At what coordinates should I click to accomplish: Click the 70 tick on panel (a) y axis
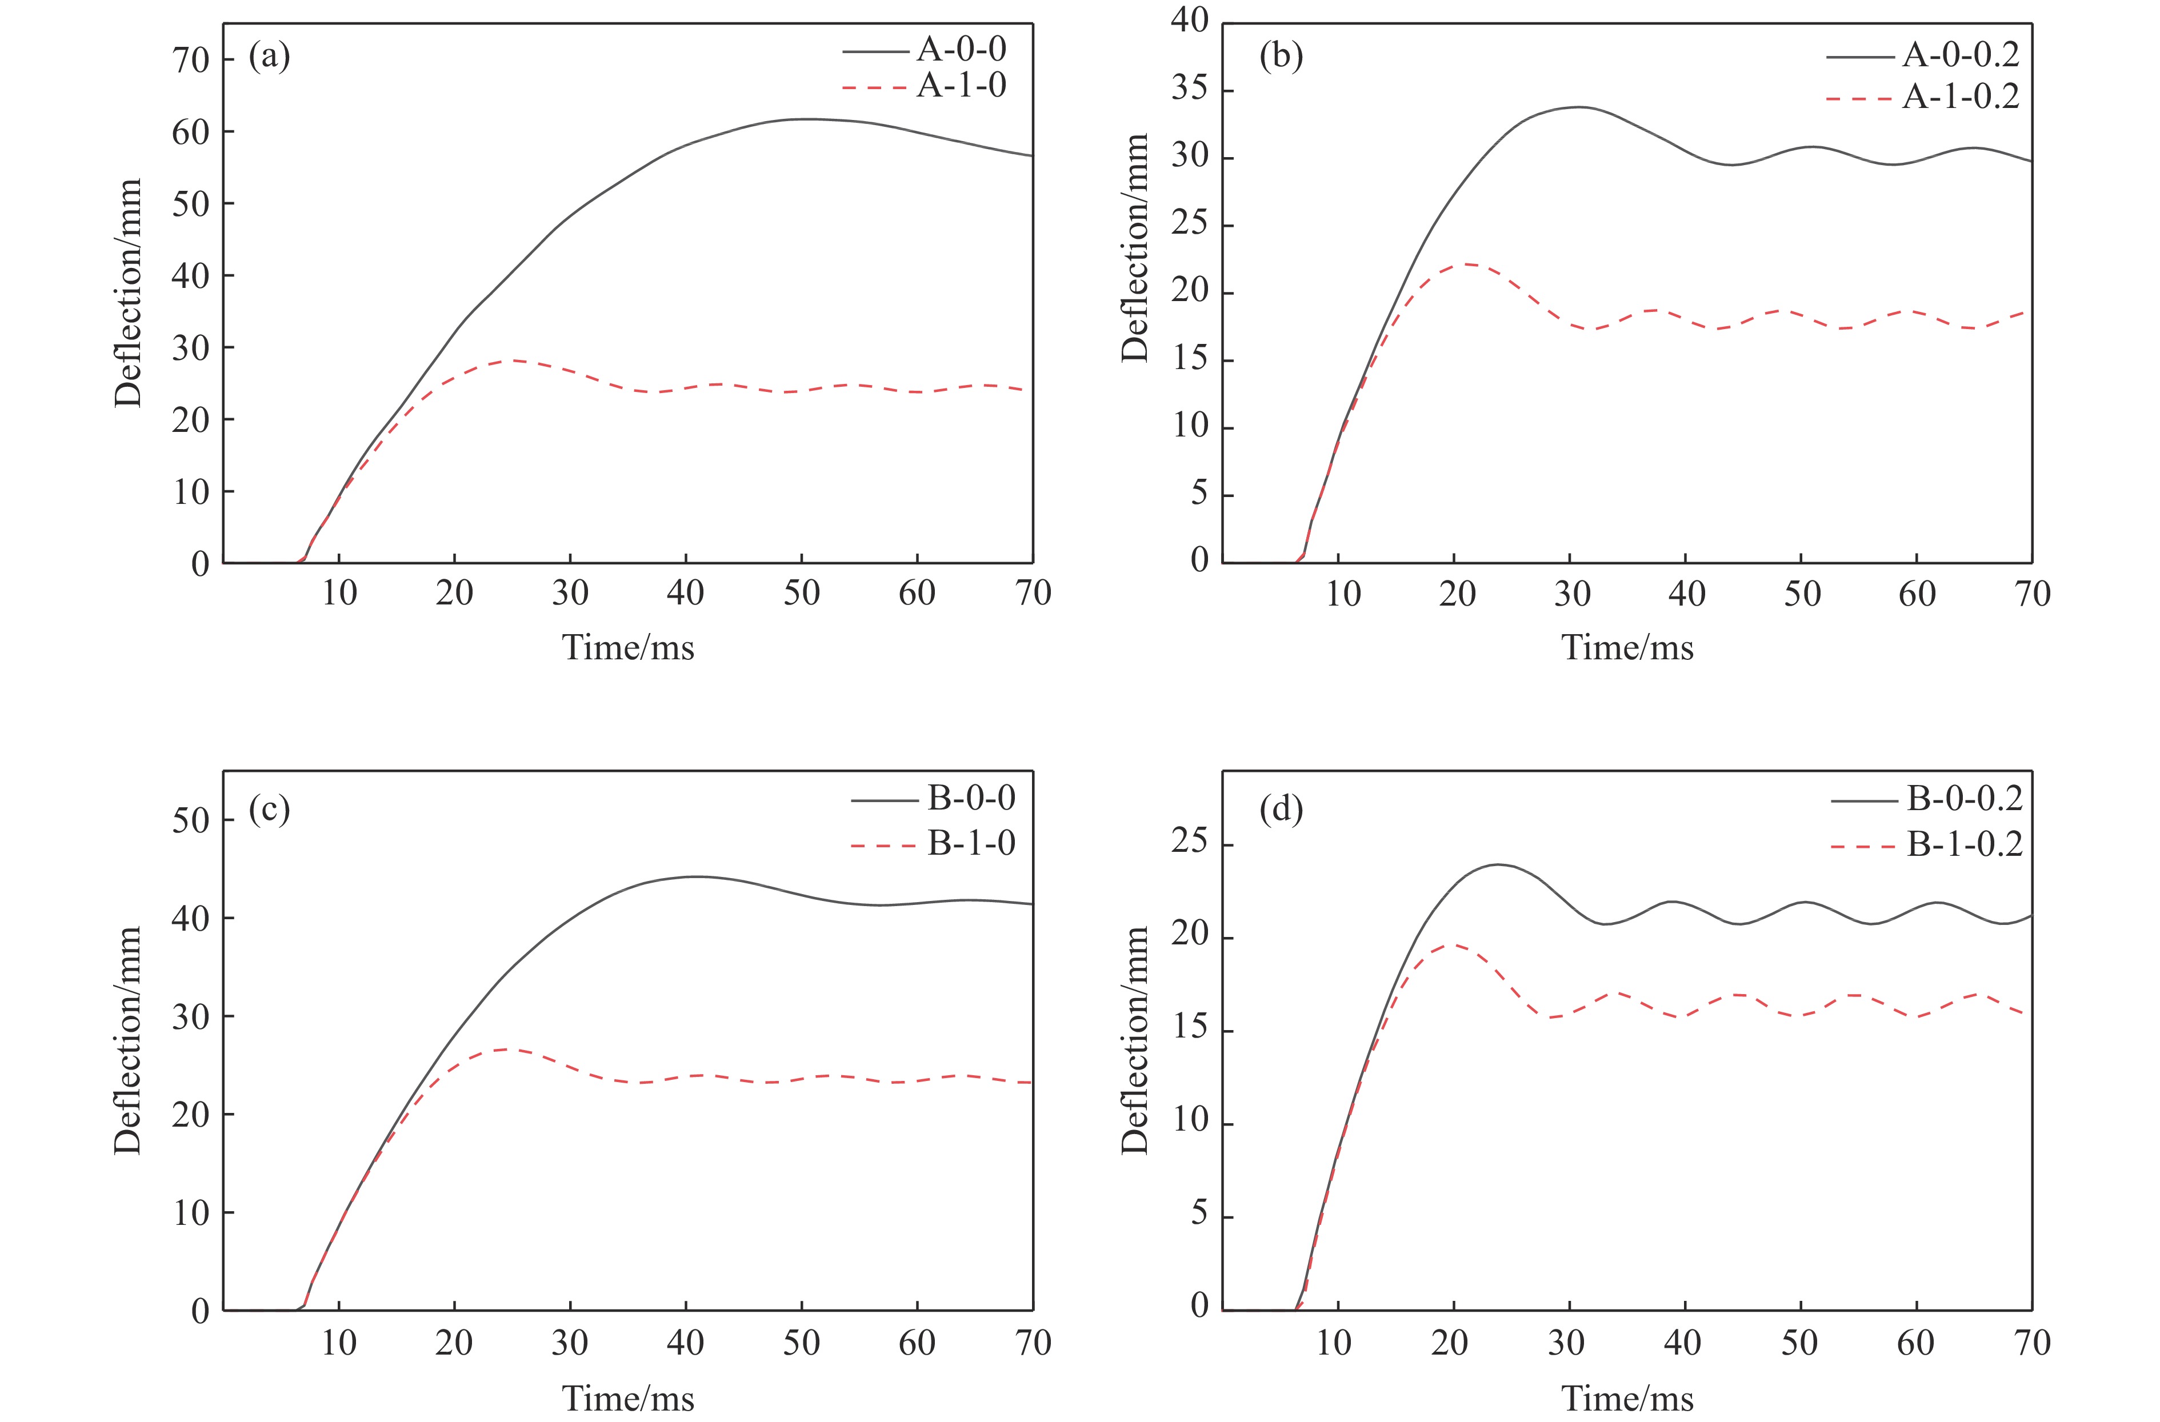191,60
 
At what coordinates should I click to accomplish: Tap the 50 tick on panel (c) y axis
191,820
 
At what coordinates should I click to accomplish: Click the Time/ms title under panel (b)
1626,648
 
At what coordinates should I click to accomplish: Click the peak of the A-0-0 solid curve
804,119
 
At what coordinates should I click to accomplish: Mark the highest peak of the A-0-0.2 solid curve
1579,107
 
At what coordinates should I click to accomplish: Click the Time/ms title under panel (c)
628,1399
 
